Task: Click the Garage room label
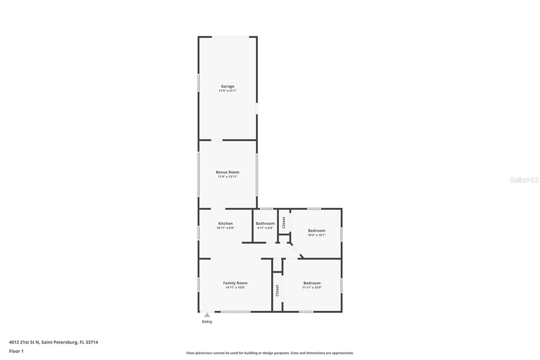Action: click(x=227, y=86)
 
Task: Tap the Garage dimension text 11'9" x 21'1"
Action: click(x=227, y=91)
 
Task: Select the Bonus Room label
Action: click(x=227, y=172)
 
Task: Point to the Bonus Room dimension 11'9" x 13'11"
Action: click(x=227, y=177)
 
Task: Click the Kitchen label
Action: click(x=225, y=223)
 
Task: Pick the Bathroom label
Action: click(x=265, y=223)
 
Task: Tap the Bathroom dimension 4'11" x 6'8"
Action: click(x=265, y=228)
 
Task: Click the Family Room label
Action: click(x=235, y=283)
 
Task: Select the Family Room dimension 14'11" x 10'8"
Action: click(x=235, y=288)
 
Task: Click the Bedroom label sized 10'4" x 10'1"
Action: click(x=316, y=231)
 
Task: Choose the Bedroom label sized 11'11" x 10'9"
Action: click(x=312, y=283)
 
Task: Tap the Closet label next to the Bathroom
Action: click(x=283, y=223)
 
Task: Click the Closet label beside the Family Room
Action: click(x=277, y=290)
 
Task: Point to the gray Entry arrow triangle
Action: click(x=207, y=315)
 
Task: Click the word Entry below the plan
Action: click(x=207, y=322)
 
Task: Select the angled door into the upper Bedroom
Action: click(x=297, y=250)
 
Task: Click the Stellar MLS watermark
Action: click(x=524, y=180)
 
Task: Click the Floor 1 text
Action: click(x=16, y=351)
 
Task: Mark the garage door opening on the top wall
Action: click(x=231, y=37)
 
